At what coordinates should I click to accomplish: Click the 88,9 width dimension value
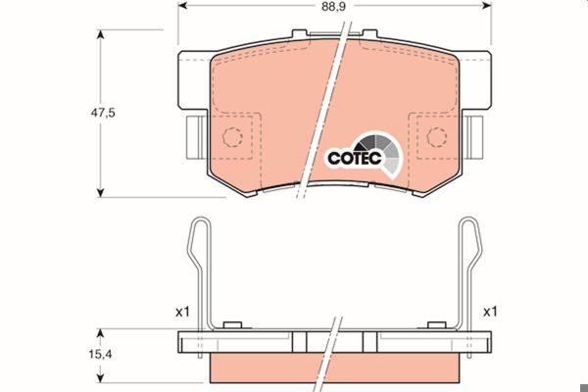pyautogui.click(x=333, y=7)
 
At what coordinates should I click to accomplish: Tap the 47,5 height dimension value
pyautogui.click(x=103, y=112)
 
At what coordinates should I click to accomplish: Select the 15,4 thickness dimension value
pyautogui.click(x=100, y=354)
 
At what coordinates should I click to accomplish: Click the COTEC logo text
pyautogui.click(x=355, y=158)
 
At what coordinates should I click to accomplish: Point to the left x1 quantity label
pyautogui.click(x=182, y=312)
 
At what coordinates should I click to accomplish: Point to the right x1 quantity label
pyautogui.click(x=490, y=312)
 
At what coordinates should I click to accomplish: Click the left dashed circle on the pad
pyautogui.click(x=232, y=137)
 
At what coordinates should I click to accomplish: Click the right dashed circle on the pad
pyautogui.click(x=437, y=137)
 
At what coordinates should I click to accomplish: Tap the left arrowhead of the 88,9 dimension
pyautogui.click(x=182, y=5)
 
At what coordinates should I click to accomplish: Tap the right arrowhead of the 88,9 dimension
pyautogui.click(x=487, y=5)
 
